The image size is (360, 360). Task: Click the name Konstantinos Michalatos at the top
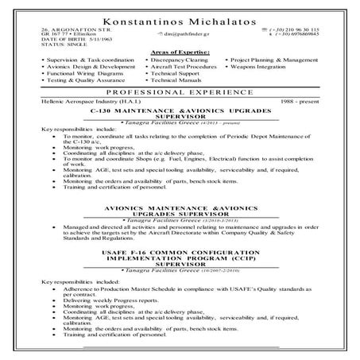coord(180,16)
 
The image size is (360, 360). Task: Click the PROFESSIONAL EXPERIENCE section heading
coord(180,94)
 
